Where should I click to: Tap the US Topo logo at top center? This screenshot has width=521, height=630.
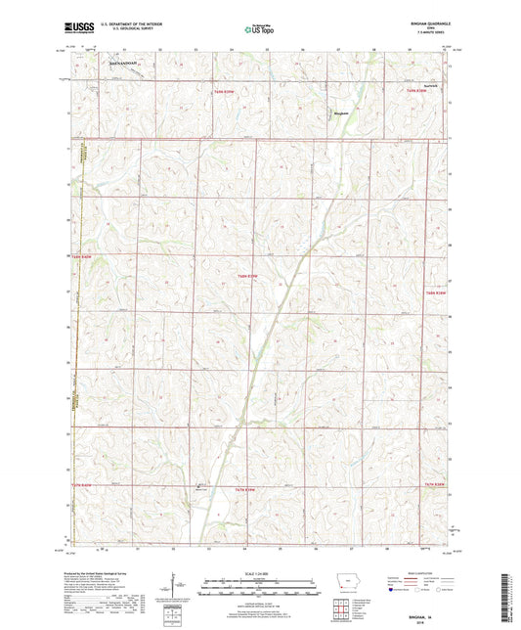(x=260, y=30)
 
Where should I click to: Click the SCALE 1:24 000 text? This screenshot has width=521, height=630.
(x=260, y=572)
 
